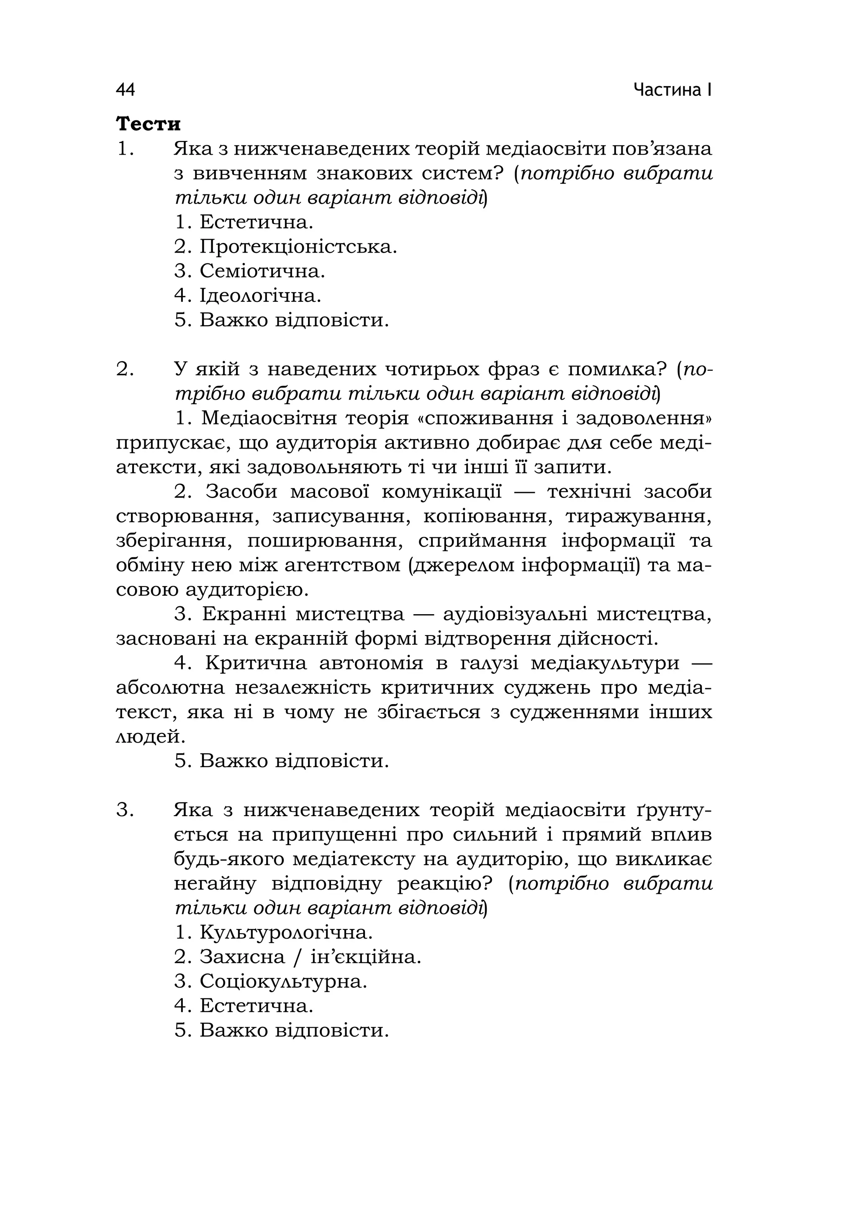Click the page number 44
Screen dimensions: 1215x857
click(x=126, y=90)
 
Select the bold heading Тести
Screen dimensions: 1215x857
click(x=148, y=124)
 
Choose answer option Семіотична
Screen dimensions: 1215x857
click(x=262, y=271)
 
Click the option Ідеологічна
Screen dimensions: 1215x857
click(x=260, y=296)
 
